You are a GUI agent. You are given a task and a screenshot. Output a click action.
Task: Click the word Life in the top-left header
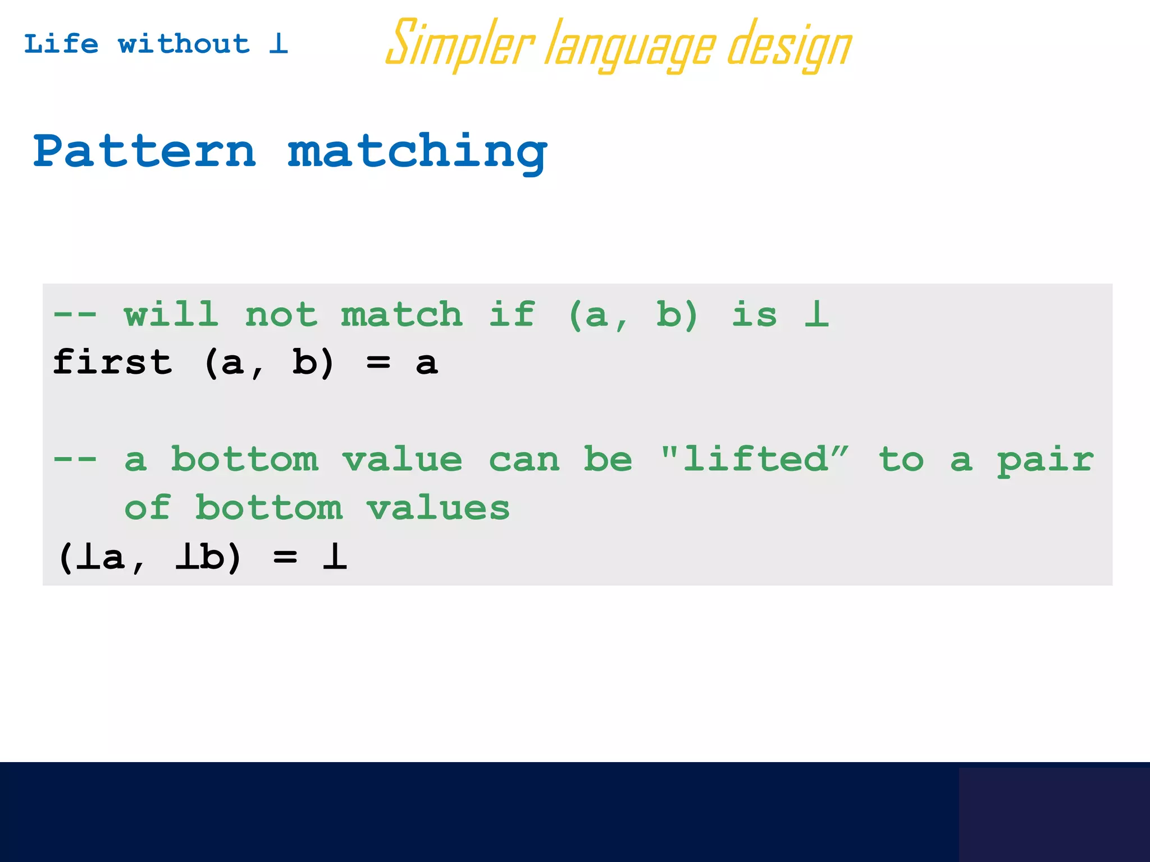click(x=61, y=44)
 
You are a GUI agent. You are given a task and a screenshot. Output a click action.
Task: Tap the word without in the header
click(x=184, y=44)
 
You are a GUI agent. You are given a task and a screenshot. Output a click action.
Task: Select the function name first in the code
click(x=112, y=361)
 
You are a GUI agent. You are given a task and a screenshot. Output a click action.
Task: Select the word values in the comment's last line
click(x=438, y=508)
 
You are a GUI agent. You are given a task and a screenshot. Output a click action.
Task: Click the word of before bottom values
click(x=147, y=507)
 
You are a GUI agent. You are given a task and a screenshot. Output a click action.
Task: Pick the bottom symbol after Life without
click(x=279, y=43)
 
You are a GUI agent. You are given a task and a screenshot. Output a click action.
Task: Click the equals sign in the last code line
click(x=285, y=557)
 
